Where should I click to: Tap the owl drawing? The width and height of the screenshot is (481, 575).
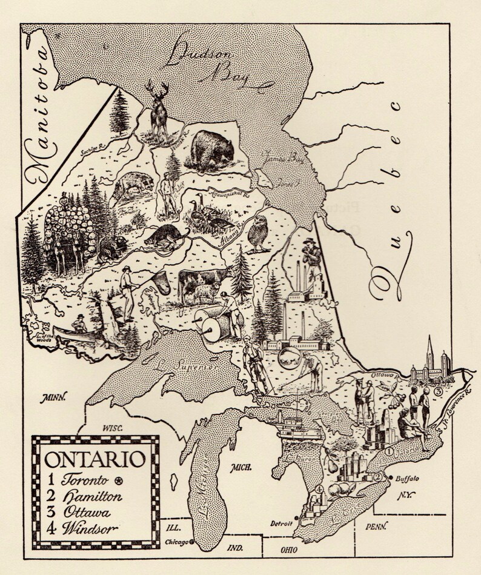[260, 233]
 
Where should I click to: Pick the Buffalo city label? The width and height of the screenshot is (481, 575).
[407, 478]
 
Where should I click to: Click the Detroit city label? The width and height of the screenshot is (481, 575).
[281, 522]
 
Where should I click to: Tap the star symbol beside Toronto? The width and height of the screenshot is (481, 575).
[120, 481]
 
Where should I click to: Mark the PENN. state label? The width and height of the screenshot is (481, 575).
[376, 527]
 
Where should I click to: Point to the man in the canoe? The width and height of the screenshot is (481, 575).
[79, 324]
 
